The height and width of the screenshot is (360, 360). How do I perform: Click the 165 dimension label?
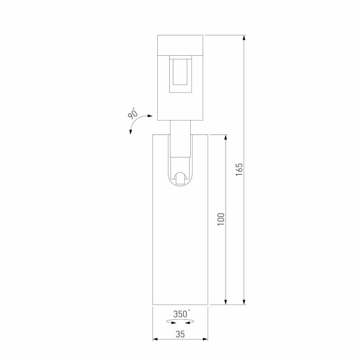(x=238, y=170)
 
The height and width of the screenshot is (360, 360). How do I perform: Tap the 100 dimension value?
(x=220, y=219)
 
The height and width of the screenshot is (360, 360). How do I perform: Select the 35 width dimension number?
(x=180, y=335)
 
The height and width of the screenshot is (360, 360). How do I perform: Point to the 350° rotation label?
(x=181, y=313)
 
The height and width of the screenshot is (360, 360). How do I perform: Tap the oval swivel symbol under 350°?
(x=180, y=322)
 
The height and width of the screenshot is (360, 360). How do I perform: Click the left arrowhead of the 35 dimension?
(x=155, y=340)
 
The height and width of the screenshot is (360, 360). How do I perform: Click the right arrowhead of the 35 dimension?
(x=205, y=340)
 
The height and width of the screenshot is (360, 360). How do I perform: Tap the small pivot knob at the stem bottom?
(x=180, y=178)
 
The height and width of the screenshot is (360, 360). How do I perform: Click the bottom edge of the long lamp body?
(x=180, y=304)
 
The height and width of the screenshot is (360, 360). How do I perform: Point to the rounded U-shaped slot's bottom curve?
(x=180, y=186)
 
